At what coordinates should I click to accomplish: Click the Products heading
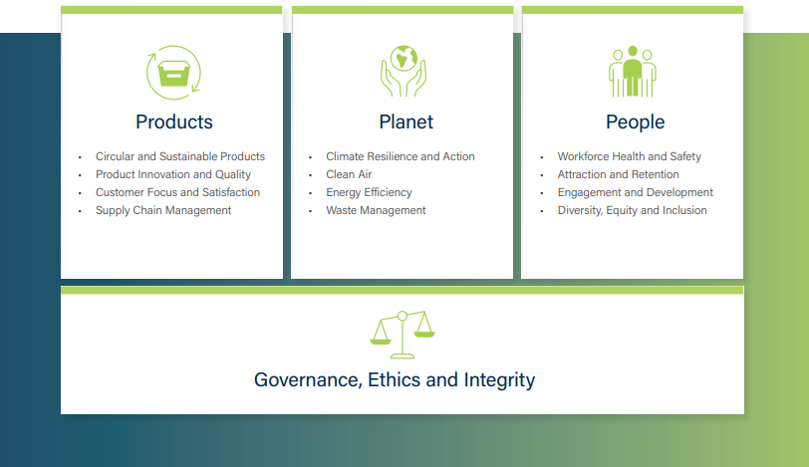pos(174,122)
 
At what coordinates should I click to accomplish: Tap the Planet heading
pos(406,122)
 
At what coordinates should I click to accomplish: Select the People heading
pos(635,122)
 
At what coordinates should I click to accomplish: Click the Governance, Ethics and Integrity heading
pos(395,380)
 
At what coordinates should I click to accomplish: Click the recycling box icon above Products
pos(174,73)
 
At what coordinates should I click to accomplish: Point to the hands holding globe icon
pos(404,71)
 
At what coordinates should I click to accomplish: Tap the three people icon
pos(633,71)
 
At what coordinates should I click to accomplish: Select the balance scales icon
pos(403,335)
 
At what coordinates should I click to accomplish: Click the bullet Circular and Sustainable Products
pos(180,156)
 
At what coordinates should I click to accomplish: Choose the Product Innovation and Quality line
pos(173,174)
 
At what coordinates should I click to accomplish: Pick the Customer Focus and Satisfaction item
pos(178,192)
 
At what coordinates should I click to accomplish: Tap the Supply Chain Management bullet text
pos(163,211)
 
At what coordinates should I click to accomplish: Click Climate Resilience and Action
pos(401,156)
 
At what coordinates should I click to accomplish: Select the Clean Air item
pos(349,174)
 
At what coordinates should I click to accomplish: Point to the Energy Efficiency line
pos(369,193)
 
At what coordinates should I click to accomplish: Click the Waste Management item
pos(377,211)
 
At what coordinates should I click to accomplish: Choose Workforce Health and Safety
pos(630,156)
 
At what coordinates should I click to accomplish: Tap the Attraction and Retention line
pos(618,174)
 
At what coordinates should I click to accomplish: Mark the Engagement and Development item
pos(635,193)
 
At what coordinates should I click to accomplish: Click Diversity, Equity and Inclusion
pos(632,211)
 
